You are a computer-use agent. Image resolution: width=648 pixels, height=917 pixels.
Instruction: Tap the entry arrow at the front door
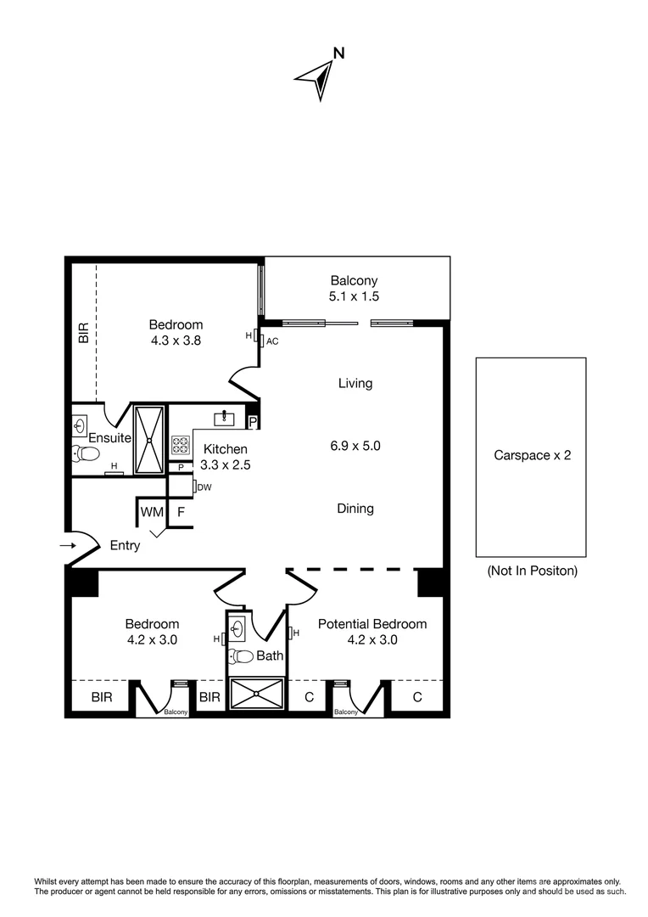point(68,545)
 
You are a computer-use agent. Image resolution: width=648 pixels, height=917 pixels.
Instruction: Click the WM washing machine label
point(152,512)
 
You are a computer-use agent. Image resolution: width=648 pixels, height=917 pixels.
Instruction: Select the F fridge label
point(181,512)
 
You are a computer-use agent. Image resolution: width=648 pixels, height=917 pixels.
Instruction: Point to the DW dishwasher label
point(204,487)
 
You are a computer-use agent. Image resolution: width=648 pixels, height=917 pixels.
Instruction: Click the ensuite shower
point(148,439)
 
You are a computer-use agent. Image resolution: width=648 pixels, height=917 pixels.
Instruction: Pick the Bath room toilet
point(241,655)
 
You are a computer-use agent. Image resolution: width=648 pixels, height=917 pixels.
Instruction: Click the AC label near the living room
point(272,340)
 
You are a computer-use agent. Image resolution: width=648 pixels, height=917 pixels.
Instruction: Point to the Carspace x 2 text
point(532,455)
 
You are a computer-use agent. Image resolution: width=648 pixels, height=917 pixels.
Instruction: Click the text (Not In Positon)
point(532,571)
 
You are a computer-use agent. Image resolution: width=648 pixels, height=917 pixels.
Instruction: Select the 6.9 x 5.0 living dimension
point(355,445)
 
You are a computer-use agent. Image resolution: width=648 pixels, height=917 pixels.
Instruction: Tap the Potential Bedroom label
point(371,624)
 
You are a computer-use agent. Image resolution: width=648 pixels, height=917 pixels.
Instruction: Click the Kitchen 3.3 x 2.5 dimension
point(225,464)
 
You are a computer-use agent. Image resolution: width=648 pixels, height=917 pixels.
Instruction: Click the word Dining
point(355,509)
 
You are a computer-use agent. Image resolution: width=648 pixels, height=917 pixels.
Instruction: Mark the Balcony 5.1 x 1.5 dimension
point(354,296)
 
